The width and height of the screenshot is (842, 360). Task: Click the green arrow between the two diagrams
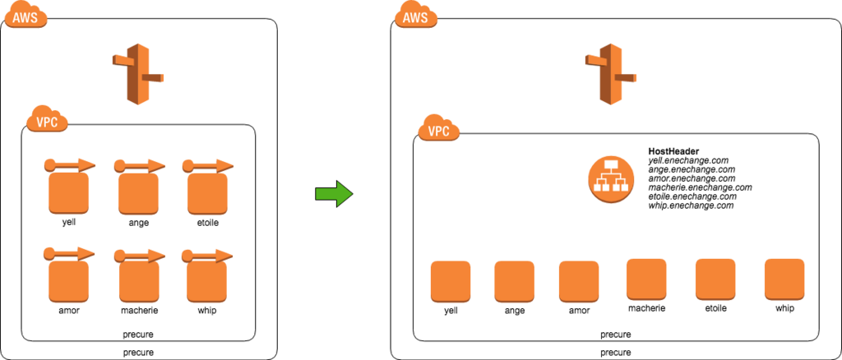click(334, 194)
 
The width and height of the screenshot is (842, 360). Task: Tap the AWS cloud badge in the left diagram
click(25, 16)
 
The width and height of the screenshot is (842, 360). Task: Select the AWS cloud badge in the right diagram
click(415, 16)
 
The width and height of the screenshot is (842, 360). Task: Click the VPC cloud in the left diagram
click(47, 120)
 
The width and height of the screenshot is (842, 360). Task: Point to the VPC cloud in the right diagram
click(438, 129)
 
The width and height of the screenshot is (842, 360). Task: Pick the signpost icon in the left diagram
click(138, 74)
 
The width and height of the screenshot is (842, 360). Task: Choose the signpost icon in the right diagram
click(611, 74)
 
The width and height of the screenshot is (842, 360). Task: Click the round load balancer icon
click(611, 179)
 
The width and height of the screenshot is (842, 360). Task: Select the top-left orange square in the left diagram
click(68, 194)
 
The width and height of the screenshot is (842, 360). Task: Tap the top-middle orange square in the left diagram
click(138, 194)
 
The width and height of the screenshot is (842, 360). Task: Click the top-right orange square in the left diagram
click(206, 194)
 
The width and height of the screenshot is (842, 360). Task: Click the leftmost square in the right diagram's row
click(451, 281)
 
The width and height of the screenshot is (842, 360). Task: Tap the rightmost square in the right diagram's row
click(784, 279)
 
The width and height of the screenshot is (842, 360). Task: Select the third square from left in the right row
click(579, 281)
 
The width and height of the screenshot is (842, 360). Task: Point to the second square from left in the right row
click(514, 281)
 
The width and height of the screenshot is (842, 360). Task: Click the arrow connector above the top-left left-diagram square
click(70, 165)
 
